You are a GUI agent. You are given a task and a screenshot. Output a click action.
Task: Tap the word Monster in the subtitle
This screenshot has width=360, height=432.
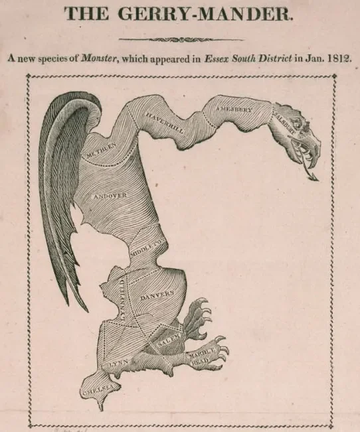click(x=97, y=58)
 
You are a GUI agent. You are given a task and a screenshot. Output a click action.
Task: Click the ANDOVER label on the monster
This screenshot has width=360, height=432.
click(x=110, y=196)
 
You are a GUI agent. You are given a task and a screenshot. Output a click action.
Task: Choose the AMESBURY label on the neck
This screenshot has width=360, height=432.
click(x=232, y=109)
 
